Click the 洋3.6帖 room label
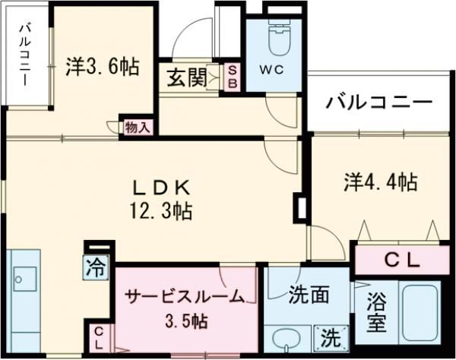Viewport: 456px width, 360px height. click(x=102, y=68)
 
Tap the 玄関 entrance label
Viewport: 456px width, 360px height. click(x=185, y=78)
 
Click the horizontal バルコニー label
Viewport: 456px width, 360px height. click(x=379, y=101)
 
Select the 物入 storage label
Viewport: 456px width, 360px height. click(x=137, y=127)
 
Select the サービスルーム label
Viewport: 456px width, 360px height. click(x=185, y=295)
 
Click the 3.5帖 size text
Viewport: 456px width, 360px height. click(x=184, y=321)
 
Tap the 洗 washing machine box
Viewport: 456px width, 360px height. click(x=331, y=336)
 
